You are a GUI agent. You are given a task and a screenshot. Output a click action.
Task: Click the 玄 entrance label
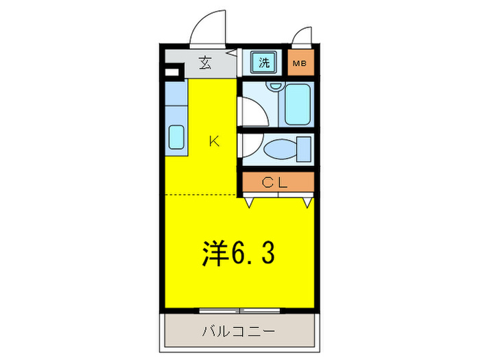click(204, 64)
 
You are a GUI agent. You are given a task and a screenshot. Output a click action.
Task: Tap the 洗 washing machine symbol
click(263, 64)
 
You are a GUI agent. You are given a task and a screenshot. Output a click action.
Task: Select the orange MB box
click(300, 64)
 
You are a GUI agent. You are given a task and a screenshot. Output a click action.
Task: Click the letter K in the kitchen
click(214, 142)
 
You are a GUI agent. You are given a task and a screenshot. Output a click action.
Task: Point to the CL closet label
click(277, 182)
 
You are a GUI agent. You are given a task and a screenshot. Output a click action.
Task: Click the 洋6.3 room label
click(238, 254)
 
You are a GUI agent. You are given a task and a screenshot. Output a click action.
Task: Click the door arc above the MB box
click(302, 36)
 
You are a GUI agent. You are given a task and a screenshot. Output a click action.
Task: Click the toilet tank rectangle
click(304, 148)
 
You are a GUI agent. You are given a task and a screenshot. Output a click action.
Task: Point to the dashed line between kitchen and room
click(202, 195)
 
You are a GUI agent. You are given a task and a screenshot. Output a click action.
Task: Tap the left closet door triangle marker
click(250, 202)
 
